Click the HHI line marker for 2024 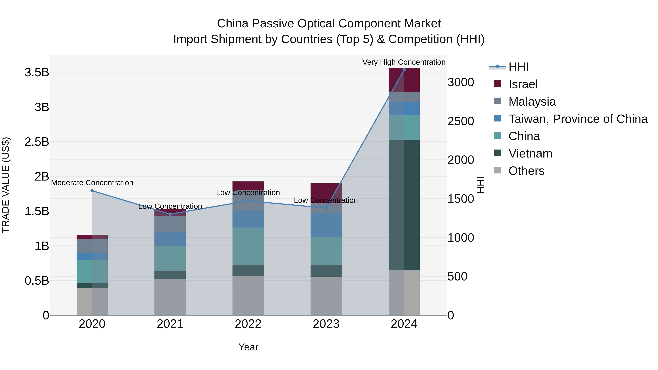[404, 70]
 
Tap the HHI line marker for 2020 [92, 191]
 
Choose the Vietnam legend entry [530, 153]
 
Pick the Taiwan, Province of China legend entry [578, 119]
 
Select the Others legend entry [526, 171]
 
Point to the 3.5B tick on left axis [37, 73]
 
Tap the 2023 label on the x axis [326, 324]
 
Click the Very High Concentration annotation [404, 62]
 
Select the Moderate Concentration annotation [92, 183]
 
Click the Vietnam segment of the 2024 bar [404, 205]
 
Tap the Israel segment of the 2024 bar [404, 80]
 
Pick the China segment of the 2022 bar [248, 246]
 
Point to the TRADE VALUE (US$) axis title [6, 185]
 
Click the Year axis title [248, 347]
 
